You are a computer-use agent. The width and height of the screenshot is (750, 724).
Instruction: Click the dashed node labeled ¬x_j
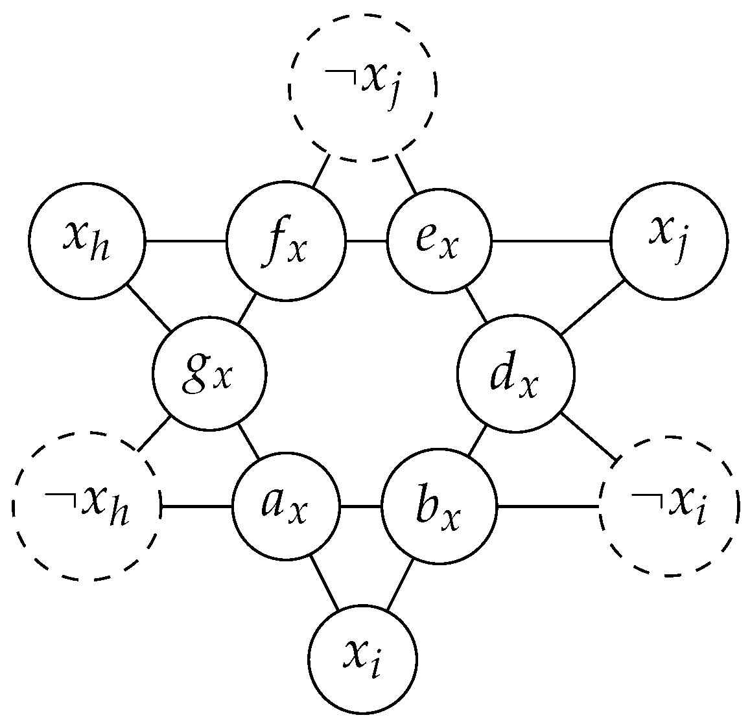[362, 86]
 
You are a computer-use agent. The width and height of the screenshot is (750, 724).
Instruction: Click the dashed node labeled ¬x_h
[86, 506]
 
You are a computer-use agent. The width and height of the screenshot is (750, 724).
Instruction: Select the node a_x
[286, 506]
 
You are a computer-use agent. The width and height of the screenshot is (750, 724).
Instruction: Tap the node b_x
[439, 506]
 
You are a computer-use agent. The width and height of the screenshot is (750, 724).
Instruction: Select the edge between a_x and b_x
[360, 506]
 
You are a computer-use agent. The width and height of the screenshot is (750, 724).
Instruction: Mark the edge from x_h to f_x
[185, 242]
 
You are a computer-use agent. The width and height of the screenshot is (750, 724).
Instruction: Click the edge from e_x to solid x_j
[551, 242]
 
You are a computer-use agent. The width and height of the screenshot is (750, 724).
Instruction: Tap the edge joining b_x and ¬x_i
[548, 506]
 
